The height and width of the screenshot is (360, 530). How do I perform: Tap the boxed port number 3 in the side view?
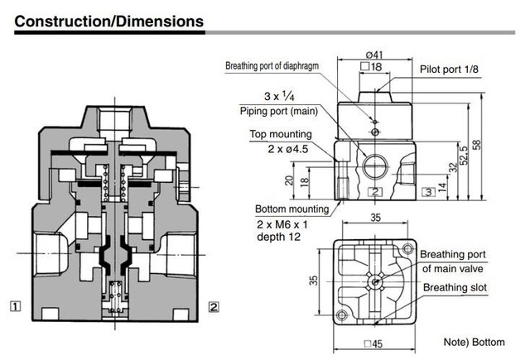tap(428, 192)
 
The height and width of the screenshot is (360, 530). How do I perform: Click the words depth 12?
tap(277, 237)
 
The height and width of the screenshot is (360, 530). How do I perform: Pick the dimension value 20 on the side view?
tap(290, 180)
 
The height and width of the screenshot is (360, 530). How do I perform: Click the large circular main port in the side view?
tap(374, 163)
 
